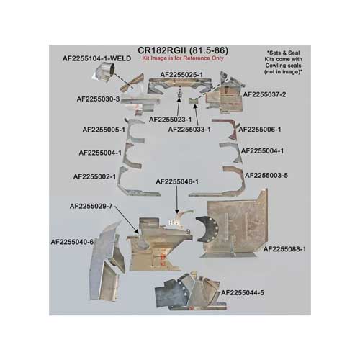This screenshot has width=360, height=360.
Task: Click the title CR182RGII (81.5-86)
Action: [183, 50]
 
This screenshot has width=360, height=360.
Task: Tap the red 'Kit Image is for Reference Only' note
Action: [183, 58]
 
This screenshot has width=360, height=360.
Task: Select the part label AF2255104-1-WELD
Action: [96, 58]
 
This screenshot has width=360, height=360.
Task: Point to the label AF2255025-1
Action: [181, 75]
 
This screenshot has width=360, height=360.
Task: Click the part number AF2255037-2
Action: [264, 94]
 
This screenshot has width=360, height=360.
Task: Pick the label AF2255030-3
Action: [98, 99]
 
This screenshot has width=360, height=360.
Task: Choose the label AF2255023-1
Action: [171, 120]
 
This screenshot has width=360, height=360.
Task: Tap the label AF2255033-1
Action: [189, 130]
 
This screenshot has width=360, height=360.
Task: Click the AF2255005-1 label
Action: [104, 130]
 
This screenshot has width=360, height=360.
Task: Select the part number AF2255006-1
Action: [260, 130]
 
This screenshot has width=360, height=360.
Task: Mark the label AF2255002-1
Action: [94, 176]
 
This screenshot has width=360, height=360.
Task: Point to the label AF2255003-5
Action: [266, 176]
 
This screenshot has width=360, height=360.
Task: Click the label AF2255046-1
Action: [177, 182]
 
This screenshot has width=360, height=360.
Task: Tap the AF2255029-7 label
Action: [91, 206]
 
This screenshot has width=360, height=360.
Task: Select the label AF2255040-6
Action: [72, 242]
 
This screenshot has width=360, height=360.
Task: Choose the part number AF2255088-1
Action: [284, 249]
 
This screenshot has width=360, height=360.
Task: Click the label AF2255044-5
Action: [243, 293]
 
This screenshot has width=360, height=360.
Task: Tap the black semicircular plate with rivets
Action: [207, 229]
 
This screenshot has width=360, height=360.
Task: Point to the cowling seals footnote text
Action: [283, 62]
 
